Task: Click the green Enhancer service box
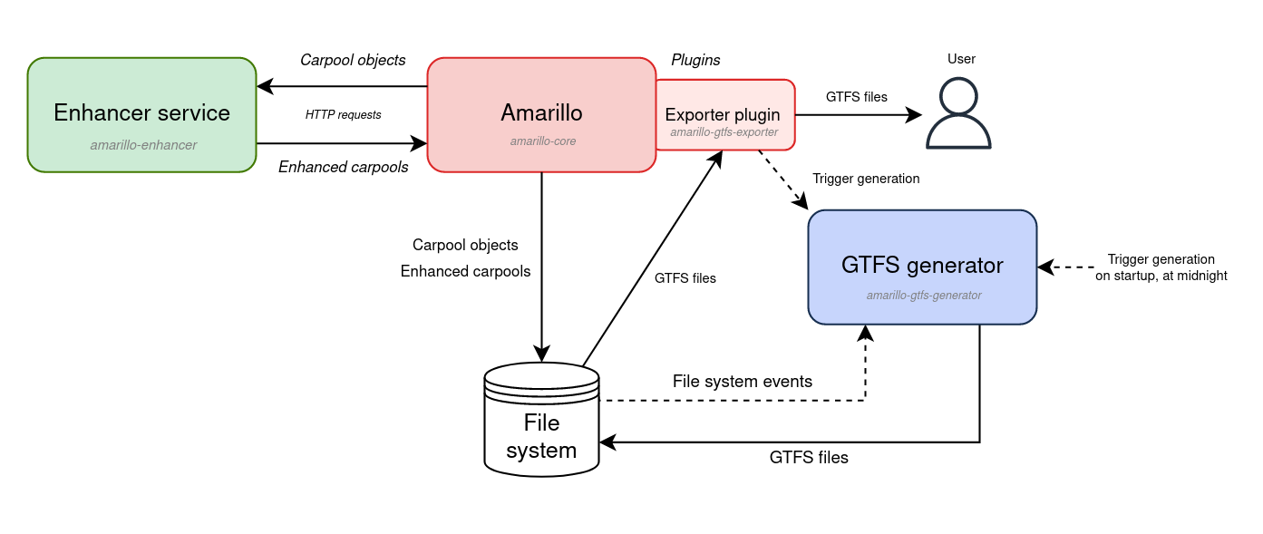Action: pyautogui.click(x=141, y=115)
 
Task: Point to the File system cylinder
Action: pyautogui.click(x=541, y=426)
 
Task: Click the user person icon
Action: pyautogui.click(x=958, y=113)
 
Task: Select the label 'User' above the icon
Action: pyautogui.click(x=961, y=59)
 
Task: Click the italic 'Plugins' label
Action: pyautogui.click(x=695, y=60)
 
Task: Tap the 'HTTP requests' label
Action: pyautogui.click(x=343, y=115)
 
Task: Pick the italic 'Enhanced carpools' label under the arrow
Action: pyautogui.click(x=343, y=167)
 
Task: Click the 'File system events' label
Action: pyautogui.click(x=742, y=382)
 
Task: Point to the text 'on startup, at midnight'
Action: pyautogui.click(x=1161, y=276)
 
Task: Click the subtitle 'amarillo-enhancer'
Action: pyautogui.click(x=143, y=144)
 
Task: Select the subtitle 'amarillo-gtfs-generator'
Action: pyautogui.click(x=924, y=295)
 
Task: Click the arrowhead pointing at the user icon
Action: pyautogui.click(x=914, y=115)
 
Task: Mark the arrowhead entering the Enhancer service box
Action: pyautogui.click(x=264, y=87)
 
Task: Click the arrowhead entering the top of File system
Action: pyautogui.click(x=542, y=354)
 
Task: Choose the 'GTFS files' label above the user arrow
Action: pyautogui.click(x=856, y=96)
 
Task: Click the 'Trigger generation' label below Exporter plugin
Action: pyautogui.click(x=866, y=179)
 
